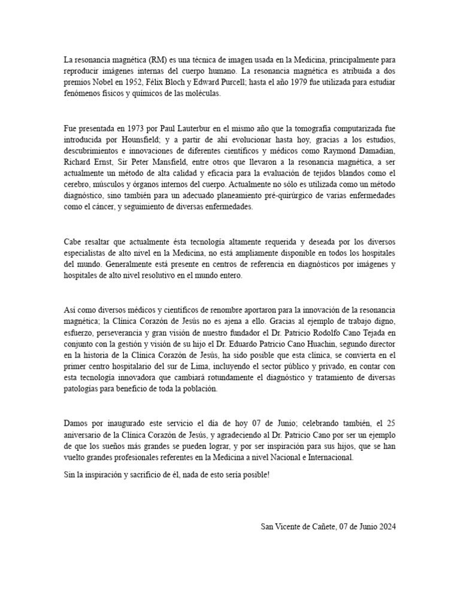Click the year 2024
(386, 527)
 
